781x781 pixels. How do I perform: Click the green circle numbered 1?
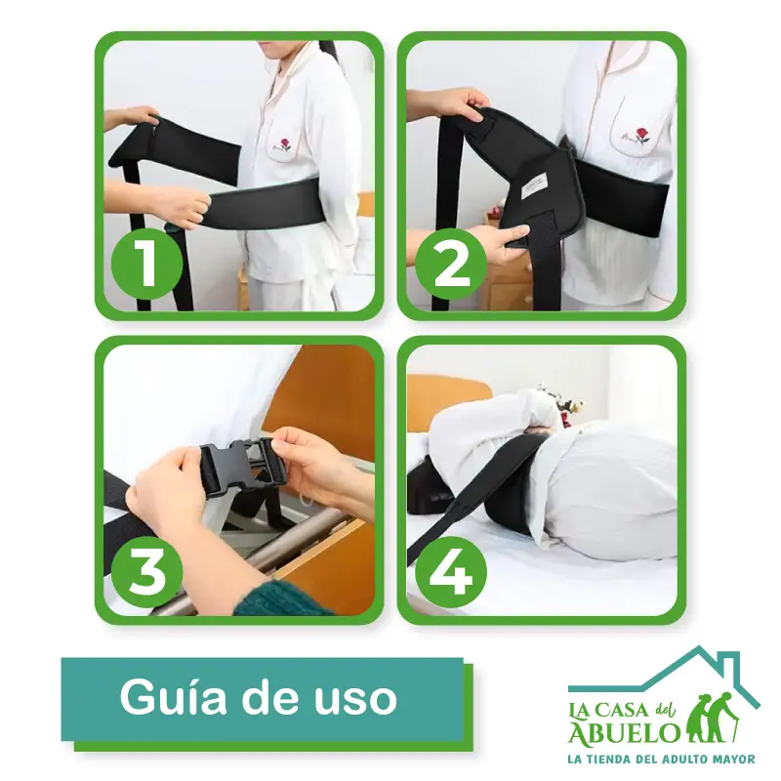[x=146, y=264]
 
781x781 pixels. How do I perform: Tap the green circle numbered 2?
[x=451, y=264]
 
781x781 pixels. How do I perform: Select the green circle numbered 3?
[x=146, y=571]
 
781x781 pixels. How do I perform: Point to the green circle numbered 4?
[x=451, y=571]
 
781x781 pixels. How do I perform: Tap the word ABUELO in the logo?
[x=625, y=733]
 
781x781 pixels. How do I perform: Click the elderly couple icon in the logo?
[x=713, y=718]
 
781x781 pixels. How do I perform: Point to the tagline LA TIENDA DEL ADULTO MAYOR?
[x=662, y=760]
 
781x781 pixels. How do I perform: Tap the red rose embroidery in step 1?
[x=285, y=144]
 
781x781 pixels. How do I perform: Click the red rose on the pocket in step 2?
[x=642, y=135]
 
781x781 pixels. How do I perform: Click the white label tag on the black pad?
[x=534, y=186]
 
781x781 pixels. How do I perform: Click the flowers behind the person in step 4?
[x=560, y=403]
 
